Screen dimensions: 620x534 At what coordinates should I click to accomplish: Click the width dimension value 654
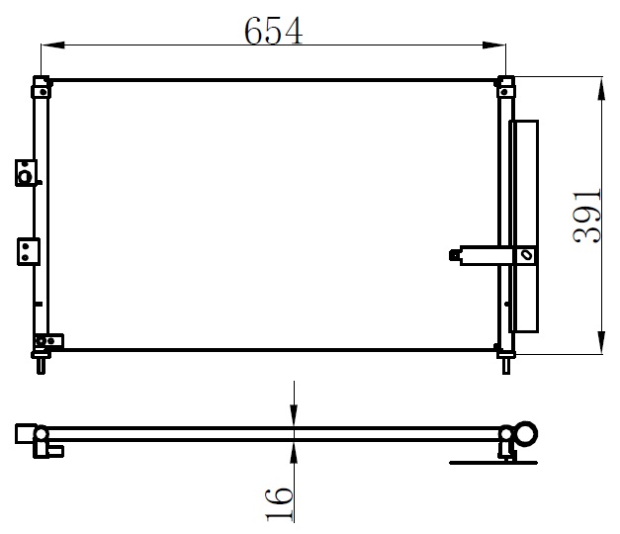(x=273, y=31)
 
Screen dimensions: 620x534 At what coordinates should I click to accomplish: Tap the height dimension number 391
(x=586, y=216)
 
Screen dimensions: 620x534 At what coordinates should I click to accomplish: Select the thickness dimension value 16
(x=279, y=504)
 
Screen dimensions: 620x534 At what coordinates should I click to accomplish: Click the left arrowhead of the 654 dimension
(x=52, y=44)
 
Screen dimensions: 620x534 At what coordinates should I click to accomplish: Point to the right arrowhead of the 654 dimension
(x=493, y=45)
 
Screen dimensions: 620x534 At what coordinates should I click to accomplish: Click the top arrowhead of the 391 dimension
(x=601, y=89)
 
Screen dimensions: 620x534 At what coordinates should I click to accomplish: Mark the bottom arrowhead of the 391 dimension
(x=601, y=342)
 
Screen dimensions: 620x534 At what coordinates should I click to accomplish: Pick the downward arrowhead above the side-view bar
(x=294, y=415)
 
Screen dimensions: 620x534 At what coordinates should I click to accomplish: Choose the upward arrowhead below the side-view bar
(x=294, y=453)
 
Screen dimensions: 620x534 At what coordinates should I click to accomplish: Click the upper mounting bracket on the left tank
(x=26, y=173)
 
